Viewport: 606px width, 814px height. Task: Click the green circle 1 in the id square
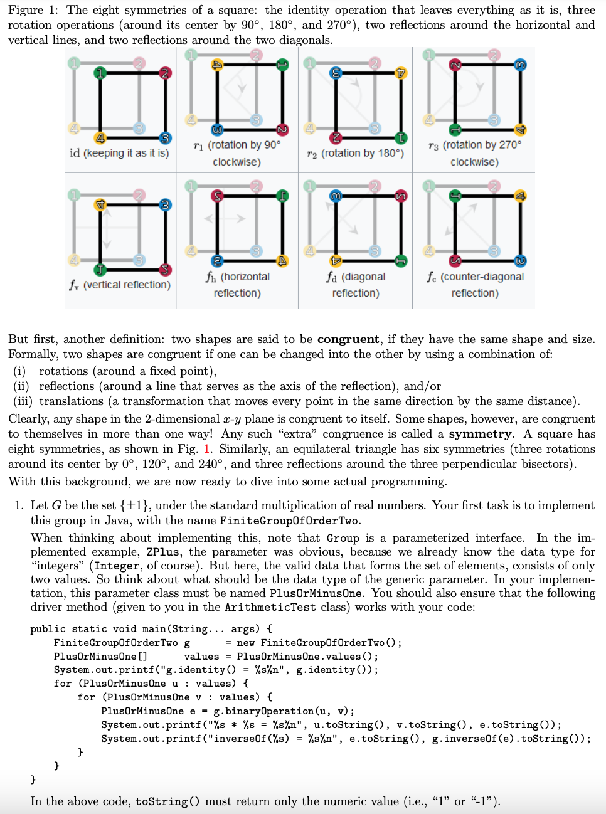100,73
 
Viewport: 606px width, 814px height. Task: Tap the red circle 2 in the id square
165,73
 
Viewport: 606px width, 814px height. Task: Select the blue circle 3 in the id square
165,138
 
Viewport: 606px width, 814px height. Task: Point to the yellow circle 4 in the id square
100,138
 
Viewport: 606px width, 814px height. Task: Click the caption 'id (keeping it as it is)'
119,153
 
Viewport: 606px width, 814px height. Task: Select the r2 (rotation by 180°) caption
355,153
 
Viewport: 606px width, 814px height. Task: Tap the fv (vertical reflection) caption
119,285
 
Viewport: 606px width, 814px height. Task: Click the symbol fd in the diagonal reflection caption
331,277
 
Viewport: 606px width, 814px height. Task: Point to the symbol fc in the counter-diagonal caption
432,277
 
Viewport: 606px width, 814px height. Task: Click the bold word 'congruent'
348,339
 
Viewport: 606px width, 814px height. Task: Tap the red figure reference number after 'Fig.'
207,449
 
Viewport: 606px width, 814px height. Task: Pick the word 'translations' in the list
72,401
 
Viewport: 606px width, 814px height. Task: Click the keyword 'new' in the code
245,642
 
